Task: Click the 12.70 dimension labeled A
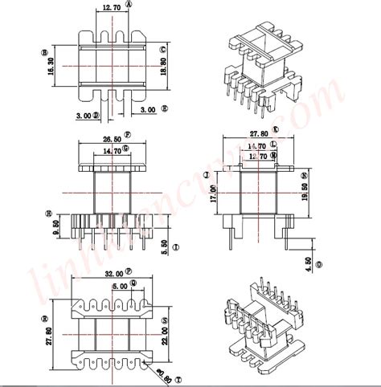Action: click(x=113, y=9)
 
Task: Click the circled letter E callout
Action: click(x=164, y=108)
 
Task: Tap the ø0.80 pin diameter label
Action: click(x=166, y=372)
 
